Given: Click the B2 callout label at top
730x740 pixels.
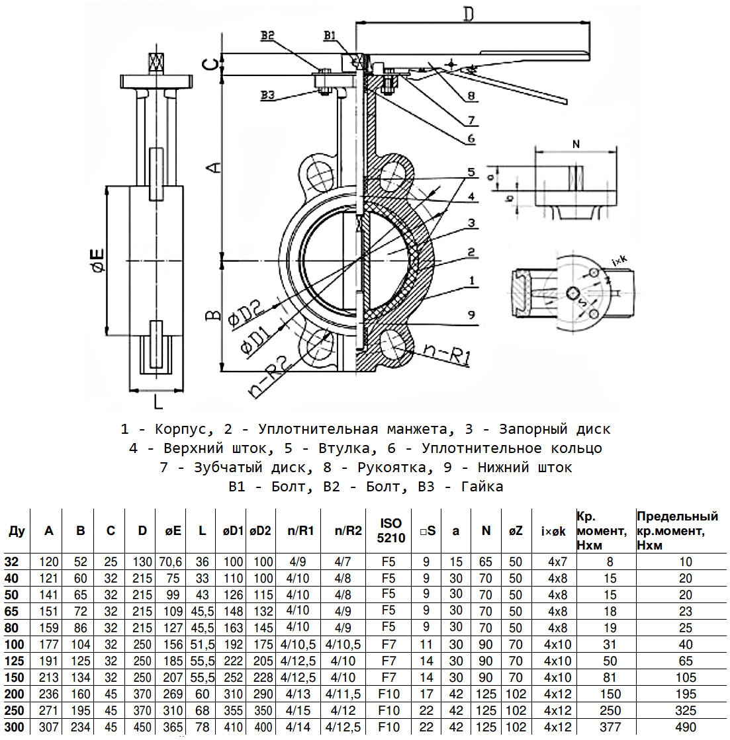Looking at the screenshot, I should [x=267, y=37].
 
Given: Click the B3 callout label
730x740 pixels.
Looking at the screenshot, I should [x=267, y=95].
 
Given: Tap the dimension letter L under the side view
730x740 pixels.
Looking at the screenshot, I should [x=157, y=401].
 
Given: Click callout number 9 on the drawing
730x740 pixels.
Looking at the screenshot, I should [x=471, y=315].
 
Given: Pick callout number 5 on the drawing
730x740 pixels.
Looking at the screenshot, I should [x=471, y=172].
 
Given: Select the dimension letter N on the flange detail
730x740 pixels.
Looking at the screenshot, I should [x=575, y=144].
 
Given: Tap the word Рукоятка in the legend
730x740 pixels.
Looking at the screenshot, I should [x=398, y=468].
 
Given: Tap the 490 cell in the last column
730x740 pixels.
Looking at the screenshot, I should [x=686, y=727].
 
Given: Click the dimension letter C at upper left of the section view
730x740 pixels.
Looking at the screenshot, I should [x=209, y=64].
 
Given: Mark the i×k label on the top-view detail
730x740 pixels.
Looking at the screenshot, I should [x=619, y=262].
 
